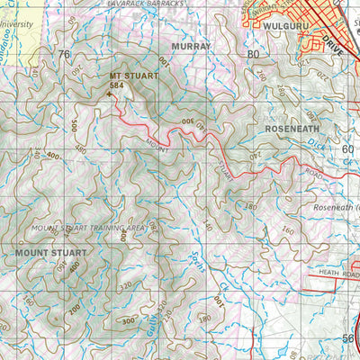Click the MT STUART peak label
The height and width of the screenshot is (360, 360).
coord(133,76)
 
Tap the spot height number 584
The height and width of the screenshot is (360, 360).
coord(116,86)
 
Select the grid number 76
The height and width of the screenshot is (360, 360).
coord(63,54)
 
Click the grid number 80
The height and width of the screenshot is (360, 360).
coord(253,54)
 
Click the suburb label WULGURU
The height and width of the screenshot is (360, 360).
coord(288,28)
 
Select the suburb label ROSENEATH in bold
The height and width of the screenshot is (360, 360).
coord(293,130)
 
